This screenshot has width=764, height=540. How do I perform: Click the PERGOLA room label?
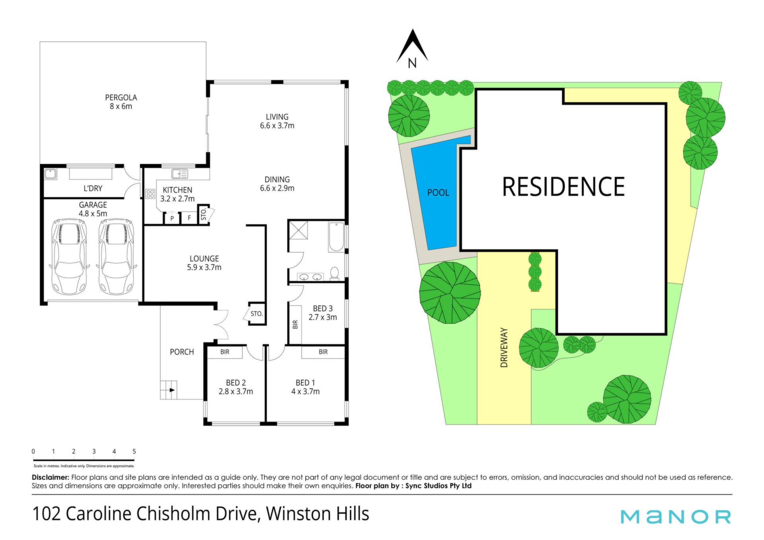point(121,97)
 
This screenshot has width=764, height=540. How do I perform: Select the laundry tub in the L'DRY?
point(50,174)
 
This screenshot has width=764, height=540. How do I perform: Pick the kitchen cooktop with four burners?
point(150,194)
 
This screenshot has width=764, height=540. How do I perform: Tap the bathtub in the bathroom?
point(336,237)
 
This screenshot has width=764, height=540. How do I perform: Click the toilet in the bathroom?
point(334,273)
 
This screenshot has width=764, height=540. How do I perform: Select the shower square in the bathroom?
point(298,230)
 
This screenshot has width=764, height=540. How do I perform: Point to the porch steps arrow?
point(172,390)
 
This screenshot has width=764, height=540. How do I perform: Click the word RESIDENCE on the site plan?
point(563,187)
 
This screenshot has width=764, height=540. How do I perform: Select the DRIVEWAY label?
point(504,348)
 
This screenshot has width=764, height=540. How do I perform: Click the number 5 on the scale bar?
point(134,451)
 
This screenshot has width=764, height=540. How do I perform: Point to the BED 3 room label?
point(323,309)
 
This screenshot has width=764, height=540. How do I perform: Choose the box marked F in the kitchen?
point(189,218)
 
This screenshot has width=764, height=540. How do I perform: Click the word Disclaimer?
point(51,477)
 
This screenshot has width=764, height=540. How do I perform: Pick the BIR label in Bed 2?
point(225,352)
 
